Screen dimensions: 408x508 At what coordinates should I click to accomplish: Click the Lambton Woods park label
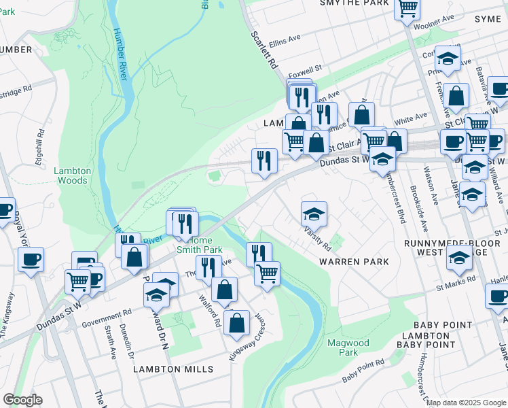pyautogui.click(x=71, y=175)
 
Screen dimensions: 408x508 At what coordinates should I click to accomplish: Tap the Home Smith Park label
pyautogui.click(x=204, y=245)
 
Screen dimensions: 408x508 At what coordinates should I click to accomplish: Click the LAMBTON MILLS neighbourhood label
pyautogui.click(x=173, y=369)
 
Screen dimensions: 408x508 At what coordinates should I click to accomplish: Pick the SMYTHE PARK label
pyautogui.click(x=357, y=3)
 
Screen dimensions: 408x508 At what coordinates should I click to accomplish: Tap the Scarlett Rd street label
pyautogui.click(x=265, y=50)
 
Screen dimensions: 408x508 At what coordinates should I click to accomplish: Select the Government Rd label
pyautogui.click(x=107, y=315)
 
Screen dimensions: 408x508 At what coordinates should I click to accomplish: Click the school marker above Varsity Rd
pyautogui.click(x=314, y=214)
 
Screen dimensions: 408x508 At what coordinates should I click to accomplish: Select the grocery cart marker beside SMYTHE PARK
pyautogui.click(x=407, y=9)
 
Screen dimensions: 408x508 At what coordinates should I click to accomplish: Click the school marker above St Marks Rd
pyautogui.click(x=459, y=258)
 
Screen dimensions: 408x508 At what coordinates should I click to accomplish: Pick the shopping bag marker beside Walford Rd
pyautogui.click(x=224, y=290)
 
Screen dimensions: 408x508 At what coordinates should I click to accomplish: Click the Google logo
pyautogui.click(x=22, y=400)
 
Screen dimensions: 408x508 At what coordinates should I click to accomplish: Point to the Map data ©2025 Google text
pyautogui.click(x=467, y=403)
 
